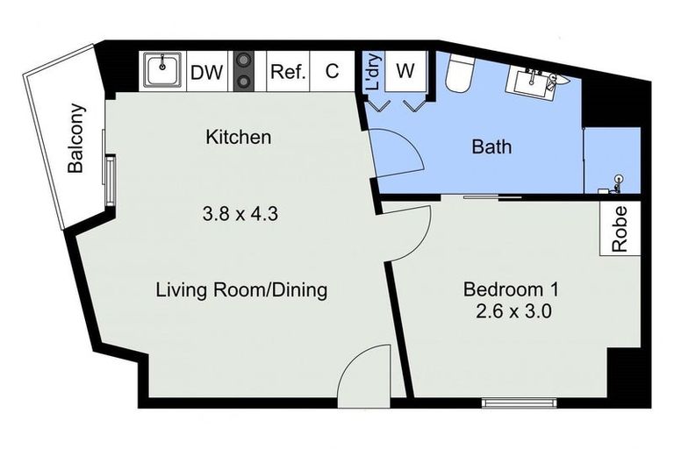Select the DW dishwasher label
point(206,72)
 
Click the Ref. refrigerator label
point(287,72)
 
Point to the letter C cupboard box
point(333,72)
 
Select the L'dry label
point(372,73)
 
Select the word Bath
point(491,146)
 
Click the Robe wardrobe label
point(620,229)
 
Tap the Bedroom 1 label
point(511,289)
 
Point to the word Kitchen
point(238,138)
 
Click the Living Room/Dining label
point(241,289)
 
